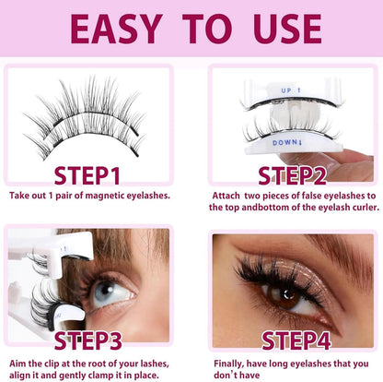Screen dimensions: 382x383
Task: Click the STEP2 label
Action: click(293, 176)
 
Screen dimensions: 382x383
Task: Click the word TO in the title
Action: click(203, 28)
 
